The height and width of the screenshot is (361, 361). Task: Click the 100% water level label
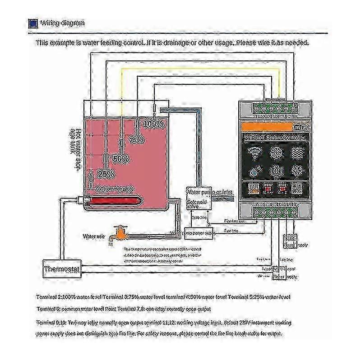coord(153,123)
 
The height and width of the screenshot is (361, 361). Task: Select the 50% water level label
coord(120,159)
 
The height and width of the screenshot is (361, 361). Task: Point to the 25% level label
coord(106,173)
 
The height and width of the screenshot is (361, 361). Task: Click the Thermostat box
coord(61,271)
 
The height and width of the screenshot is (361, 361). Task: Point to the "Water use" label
coord(93,236)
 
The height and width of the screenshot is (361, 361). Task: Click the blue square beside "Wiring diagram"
coord(32,23)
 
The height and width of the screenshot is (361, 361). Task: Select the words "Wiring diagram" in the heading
coord(62,23)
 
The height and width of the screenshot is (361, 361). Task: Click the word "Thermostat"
coord(61,271)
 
